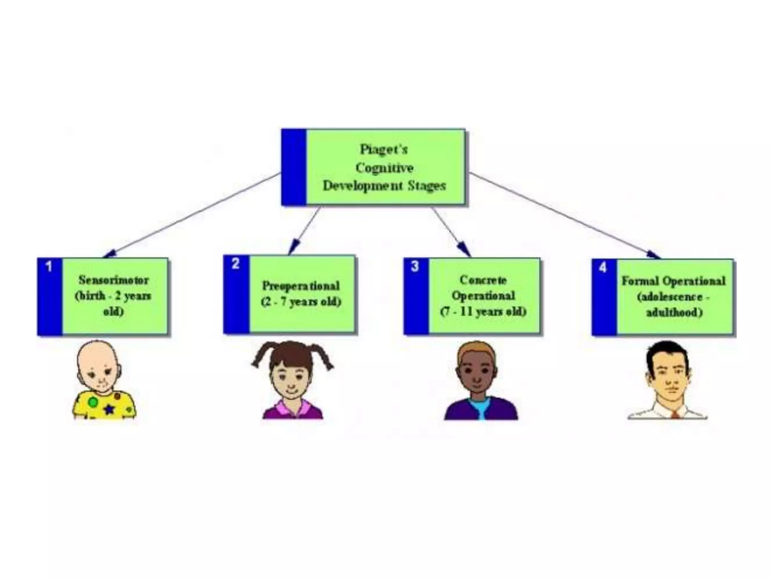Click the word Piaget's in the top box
point(384,150)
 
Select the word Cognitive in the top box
point(384,168)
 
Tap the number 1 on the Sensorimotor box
point(49,267)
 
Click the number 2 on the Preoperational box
point(236,264)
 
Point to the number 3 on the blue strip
point(415,267)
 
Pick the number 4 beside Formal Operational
point(603,268)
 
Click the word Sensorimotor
point(113,280)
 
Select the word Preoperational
point(301,286)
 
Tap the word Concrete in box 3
point(483,280)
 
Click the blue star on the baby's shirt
point(109,409)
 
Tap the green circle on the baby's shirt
point(93,402)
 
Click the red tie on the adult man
point(675,415)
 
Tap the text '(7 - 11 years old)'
point(483,312)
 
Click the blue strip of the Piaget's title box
point(294,167)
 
